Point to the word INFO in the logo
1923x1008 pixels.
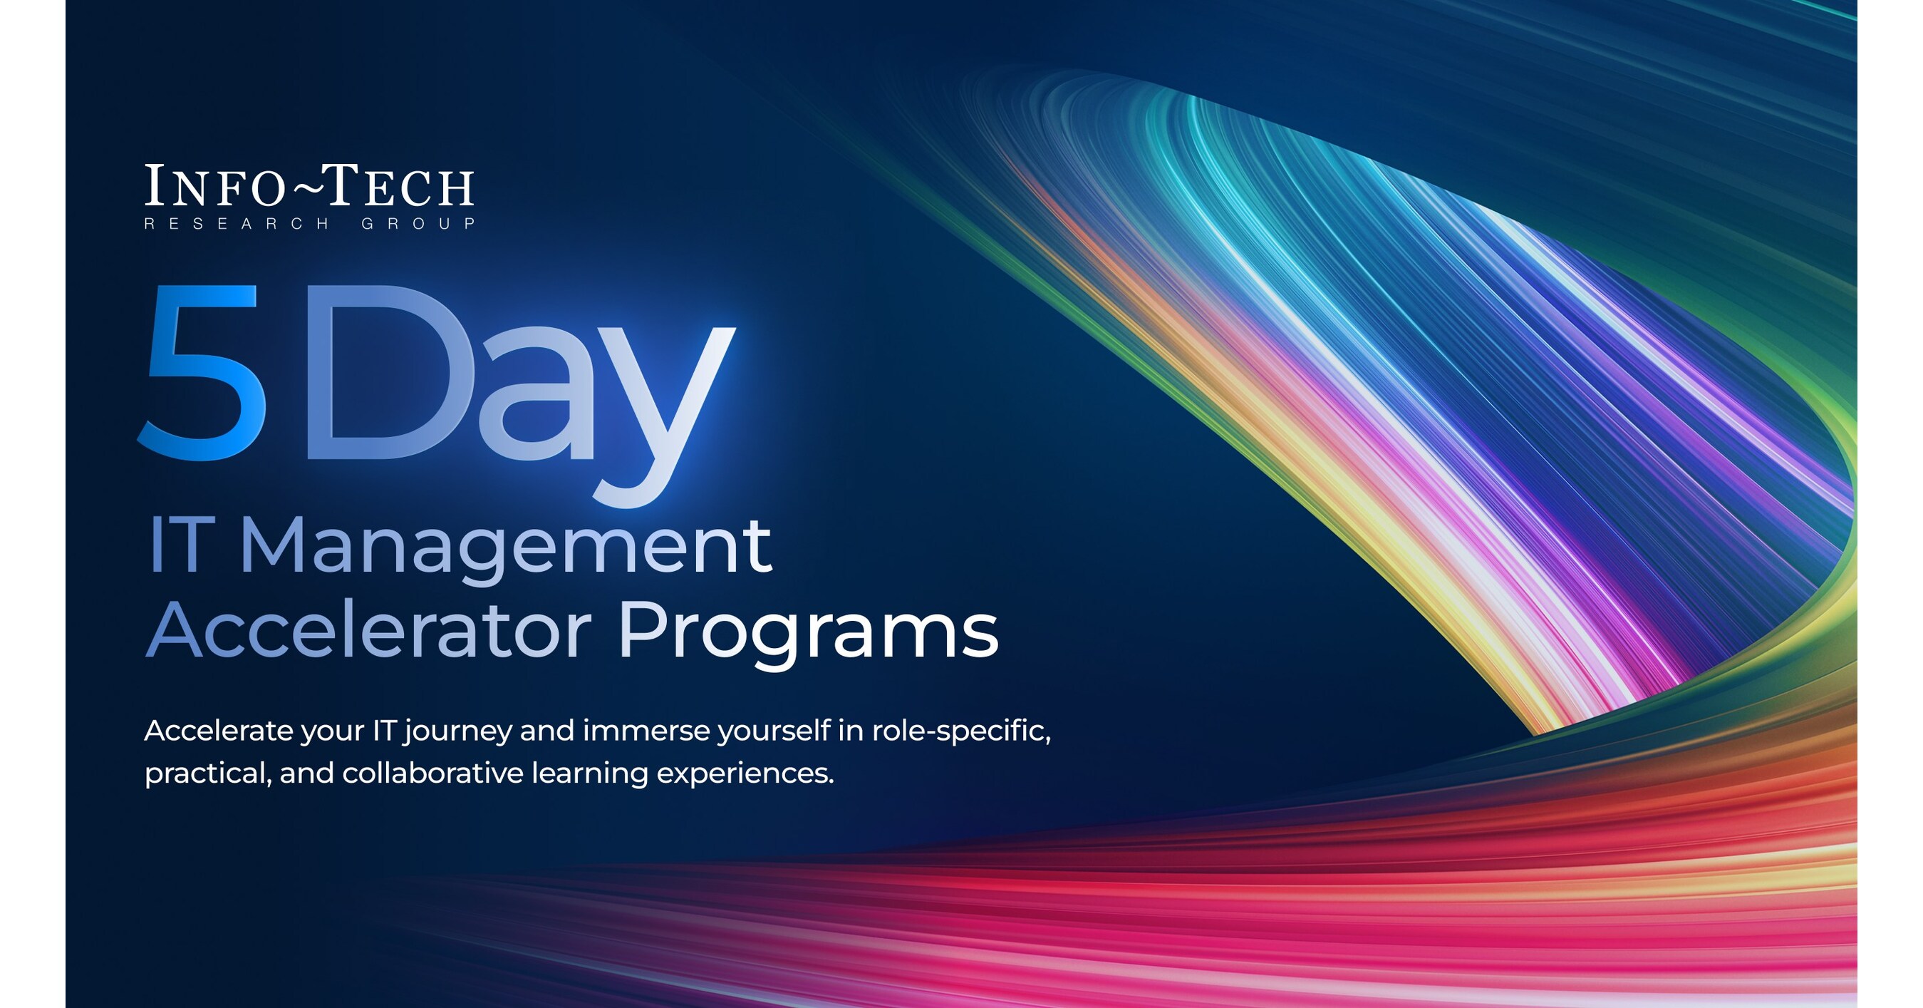click(214, 186)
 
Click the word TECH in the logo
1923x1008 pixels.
click(400, 186)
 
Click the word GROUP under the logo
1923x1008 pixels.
click(418, 224)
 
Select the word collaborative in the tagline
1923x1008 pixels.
click(432, 773)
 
